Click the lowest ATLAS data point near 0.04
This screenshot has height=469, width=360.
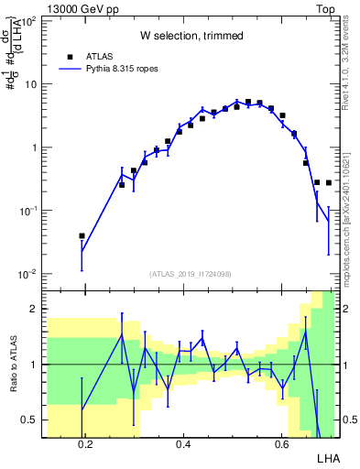pyautogui.click(x=82, y=235)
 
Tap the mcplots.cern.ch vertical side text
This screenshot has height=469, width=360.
pyautogui.click(x=350, y=220)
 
